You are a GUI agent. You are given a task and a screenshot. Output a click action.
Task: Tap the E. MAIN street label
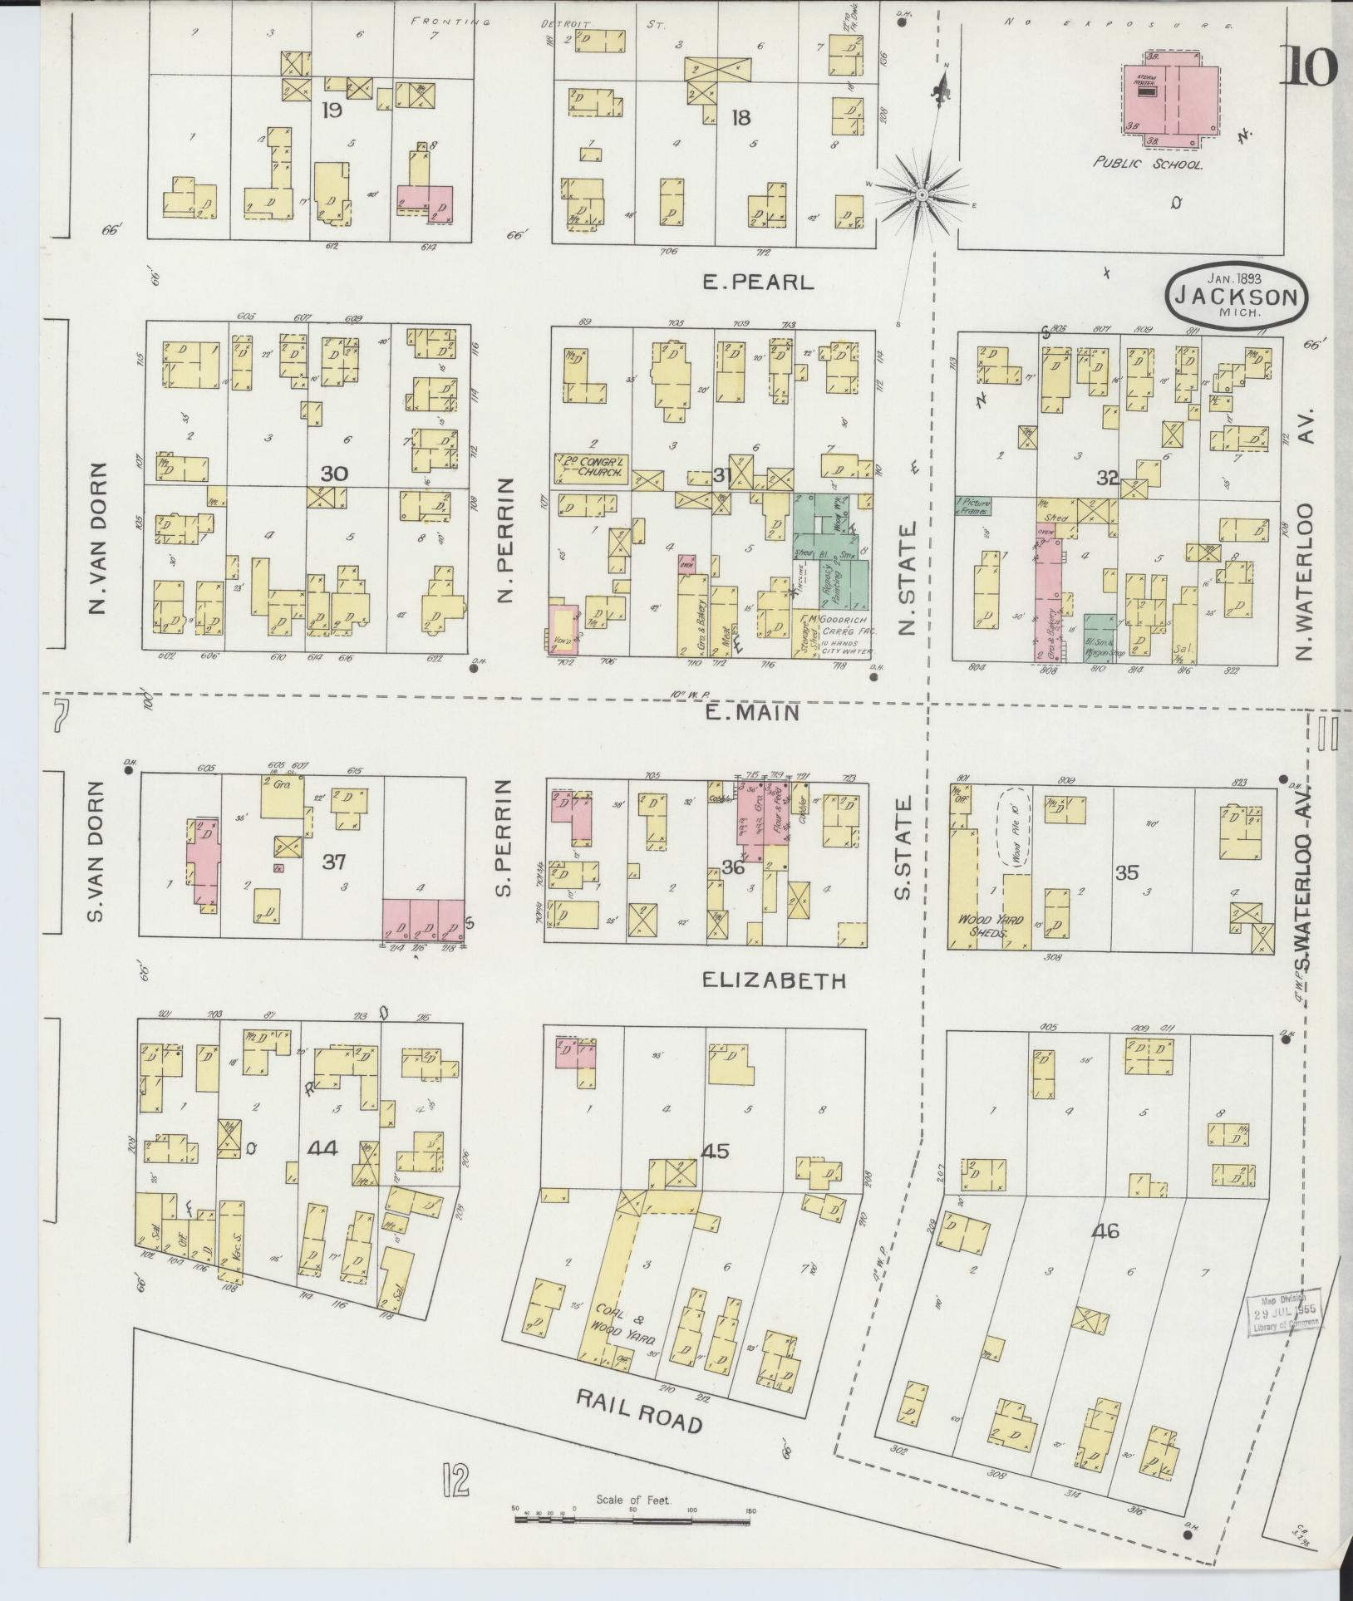[752, 712]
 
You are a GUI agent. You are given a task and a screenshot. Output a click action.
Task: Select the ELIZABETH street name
[774, 981]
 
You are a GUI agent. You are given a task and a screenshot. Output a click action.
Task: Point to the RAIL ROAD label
[640, 1411]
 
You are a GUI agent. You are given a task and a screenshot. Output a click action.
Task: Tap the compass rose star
[922, 194]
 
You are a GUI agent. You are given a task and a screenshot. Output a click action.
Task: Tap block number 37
[333, 862]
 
